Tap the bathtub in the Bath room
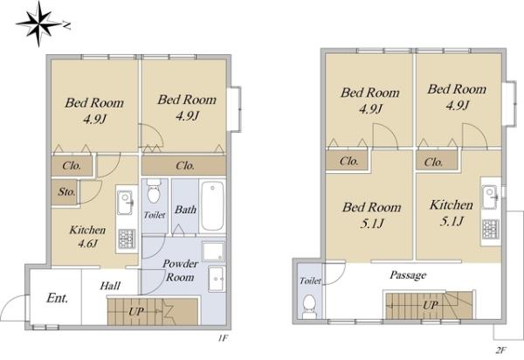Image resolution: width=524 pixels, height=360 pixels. pyautogui.click(x=212, y=205)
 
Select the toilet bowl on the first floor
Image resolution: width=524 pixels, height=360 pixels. pyautogui.click(x=154, y=191)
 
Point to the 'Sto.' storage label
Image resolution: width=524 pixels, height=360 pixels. pyautogui.click(x=67, y=192)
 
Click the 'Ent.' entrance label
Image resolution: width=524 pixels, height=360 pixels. pyautogui.click(x=58, y=298)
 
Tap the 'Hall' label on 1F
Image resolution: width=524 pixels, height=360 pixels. pyautogui.click(x=110, y=286)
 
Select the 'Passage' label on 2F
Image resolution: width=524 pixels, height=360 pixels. pyautogui.click(x=408, y=275)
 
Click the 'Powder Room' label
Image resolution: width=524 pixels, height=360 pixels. pyautogui.click(x=181, y=270)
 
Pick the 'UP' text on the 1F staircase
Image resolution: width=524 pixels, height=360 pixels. pyautogui.click(x=136, y=312)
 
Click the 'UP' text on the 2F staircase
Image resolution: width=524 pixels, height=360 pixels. pyautogui.click(x=430, y=305)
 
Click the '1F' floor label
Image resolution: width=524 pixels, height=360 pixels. pyautogui.click(x=223, y=338)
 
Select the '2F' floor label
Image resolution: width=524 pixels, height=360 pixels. pyautogui.click(x=501, y=350)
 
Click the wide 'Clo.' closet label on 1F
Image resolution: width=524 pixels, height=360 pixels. pyautogui.click(x=185, y=165)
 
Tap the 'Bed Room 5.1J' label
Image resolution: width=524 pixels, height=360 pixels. pyautogui.click(x=372, y=215)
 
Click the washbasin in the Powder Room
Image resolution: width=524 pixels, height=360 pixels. pyautogui.click(x=217, y=279)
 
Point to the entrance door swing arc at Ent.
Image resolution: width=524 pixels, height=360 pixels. pyautogui.click(x=11, y=303)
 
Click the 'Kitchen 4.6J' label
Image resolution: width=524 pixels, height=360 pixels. pyautogui.click(x=87, y=237)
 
